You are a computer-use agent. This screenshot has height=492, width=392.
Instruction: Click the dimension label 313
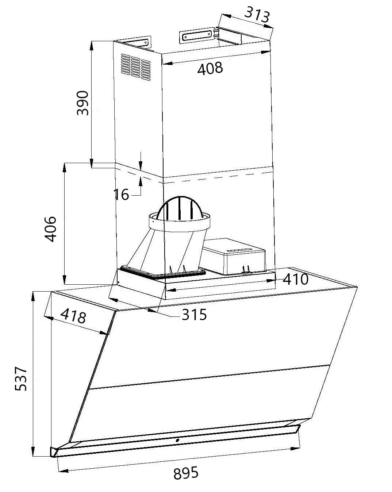pos(257,14)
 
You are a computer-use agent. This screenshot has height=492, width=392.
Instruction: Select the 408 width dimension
pos(210,68)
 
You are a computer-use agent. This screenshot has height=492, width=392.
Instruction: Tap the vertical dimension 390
pos(83,103)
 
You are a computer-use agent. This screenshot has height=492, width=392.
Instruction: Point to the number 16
pos(121,195)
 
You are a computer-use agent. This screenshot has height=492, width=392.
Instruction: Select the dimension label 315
pos(194,314)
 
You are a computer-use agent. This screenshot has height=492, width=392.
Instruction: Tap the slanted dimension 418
pos(73,316)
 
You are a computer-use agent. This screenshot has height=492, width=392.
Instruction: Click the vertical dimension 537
pos(21,379)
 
